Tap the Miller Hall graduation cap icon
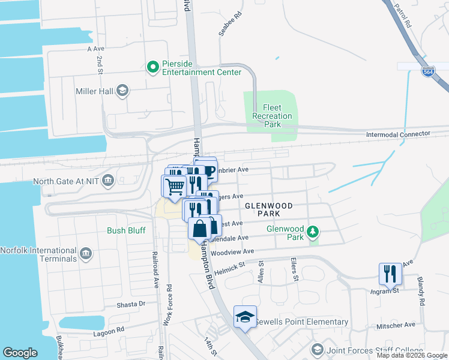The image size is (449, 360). [x=122, y=91]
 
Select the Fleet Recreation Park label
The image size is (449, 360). [x=272, y=116]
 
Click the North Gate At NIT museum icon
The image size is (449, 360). [x=108, y=181]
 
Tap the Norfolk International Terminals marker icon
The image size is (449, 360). [x=85, y=254]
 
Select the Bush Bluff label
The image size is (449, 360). [x=126, y=230]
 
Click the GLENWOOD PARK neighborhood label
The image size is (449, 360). [x=269, y=210]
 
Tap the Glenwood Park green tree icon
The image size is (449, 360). [x=312, y=232]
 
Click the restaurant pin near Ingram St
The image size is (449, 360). [x=390, y=274]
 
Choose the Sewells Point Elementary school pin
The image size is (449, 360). [x=245, y=317]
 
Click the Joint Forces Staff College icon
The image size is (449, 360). [x=317, y=349]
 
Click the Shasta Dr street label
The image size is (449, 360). [x=134, y=304]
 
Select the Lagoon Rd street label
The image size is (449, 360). [x=108, y=329]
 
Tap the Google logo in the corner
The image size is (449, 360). [x=20, y=353]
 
